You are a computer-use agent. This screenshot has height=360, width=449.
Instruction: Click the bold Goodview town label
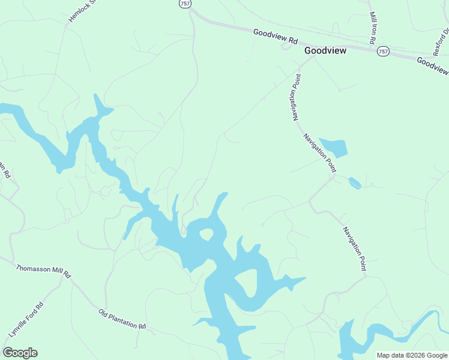pos(325,51)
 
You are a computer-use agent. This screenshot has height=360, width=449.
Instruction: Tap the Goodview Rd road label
pos(276,37)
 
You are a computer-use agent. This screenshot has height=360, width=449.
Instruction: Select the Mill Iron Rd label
pos(373,28)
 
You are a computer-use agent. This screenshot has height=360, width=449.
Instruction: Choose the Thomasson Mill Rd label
pos(43,272)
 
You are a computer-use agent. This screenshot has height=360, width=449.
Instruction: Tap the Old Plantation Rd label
pos(122,319)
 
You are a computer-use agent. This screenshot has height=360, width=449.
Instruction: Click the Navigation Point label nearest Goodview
pos(297,98)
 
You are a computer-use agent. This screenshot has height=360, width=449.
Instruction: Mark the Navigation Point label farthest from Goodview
pos(354,248)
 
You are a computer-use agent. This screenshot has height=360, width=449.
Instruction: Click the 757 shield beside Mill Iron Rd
pos(383,52)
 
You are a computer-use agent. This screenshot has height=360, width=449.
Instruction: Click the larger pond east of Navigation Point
pos(334,147)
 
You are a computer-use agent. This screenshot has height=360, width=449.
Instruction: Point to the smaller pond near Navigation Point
pos(354,182)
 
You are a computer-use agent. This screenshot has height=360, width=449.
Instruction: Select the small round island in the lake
pos(206,233)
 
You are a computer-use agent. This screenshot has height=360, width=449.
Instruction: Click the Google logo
pos(20,353)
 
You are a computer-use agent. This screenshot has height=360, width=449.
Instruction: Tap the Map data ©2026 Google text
pos(412,355)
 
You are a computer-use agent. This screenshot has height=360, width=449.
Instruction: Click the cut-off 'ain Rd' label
pos(5,171)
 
